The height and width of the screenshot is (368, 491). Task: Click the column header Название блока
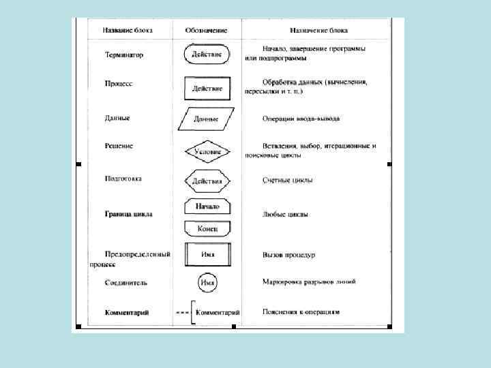click(x=128, y=31)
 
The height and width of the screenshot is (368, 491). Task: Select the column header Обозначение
click(x=206, y=31)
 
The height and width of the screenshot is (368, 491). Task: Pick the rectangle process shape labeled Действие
click(x=207, y=89)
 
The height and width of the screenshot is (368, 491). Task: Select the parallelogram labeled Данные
click(x=206, y=119)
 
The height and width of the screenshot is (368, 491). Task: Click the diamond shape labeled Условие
click(x=207, y=152)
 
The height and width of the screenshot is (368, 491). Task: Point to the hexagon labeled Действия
click(x=207, y=181)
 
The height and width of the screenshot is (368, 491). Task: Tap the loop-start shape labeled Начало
click(x=207, y=206)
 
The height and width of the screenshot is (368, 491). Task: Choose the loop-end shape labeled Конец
click(x=207, y=229)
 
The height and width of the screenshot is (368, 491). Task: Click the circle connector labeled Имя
click(x=207, y=281)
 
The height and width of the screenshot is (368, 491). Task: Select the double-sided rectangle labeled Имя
click(x=207, y=255)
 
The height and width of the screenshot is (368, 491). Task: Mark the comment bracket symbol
click(x=193, y=312)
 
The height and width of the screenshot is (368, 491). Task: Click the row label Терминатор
click(x=123, y=55)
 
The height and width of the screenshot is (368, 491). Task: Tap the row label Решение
click(x=119, y=146)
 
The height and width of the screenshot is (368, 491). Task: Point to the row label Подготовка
click(x=123, y=179)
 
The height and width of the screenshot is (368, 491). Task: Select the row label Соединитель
click(x=125, y=281)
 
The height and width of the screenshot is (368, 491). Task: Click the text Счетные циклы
click(x=288, y=181)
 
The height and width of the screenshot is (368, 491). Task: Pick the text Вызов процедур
click(x=288, y=255)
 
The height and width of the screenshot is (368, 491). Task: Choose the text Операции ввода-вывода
click(x=301, y=119)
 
